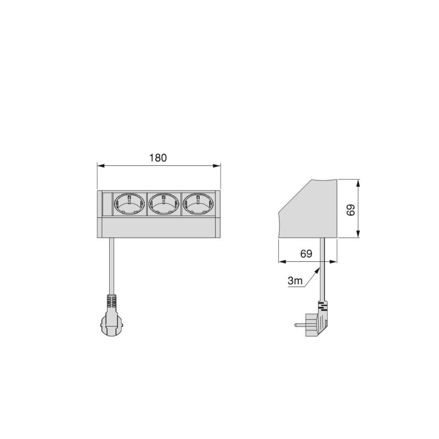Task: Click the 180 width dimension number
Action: pyautogui.click(x=158, y=157)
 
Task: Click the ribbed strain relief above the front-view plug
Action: pyautogui.click(x=110, y=302)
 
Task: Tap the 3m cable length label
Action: pyautogui.click(x=295, y=281)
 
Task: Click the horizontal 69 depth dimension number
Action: pyautogui.click(x=306, y=254)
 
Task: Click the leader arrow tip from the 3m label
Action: pyautogui.click(x=319, y=268)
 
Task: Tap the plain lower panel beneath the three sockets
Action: pyautogui.click(x=159, y=228)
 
